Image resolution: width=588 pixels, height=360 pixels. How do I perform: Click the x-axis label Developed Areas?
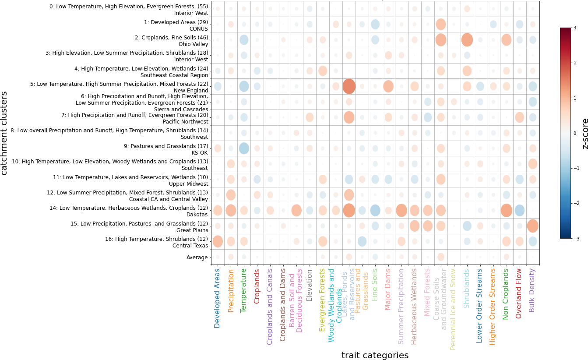tap(218, 298)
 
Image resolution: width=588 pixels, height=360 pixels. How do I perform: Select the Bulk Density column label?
tap(532, 290)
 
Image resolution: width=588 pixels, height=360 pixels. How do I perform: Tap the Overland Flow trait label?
tap(519, 293)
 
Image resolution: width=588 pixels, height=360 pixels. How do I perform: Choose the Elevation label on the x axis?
tap(310, 285)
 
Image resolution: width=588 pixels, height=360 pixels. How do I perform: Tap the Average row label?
tap(197, 258)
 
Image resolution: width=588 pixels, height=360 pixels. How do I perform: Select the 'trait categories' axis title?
tap(375, 355)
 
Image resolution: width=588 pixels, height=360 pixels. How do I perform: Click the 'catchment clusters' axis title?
tap(5, 133)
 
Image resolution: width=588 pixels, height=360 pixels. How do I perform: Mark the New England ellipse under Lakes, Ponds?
tap(349, 86)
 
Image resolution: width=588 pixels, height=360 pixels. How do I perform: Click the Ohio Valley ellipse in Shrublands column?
tap(467, 40)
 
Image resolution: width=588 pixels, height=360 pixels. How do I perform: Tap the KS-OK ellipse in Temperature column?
tap(244, 148)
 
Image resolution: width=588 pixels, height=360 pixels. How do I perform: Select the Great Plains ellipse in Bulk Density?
tap(533, 226)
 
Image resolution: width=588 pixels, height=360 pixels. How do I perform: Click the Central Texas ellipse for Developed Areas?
tap(218, 241)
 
